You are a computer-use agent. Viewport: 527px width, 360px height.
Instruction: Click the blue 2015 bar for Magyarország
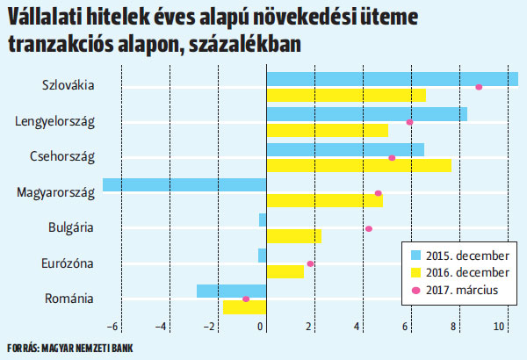(184, 184)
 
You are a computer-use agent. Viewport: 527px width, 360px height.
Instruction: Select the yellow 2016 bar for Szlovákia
(346, 95)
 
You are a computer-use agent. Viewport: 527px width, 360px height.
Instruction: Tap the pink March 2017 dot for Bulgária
(369, 228)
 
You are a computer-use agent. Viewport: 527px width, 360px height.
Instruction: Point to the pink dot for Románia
(246, 299)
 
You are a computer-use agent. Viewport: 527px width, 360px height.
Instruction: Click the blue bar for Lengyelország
(366, 114)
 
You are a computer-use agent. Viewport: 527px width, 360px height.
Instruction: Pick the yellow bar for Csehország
(358, 165)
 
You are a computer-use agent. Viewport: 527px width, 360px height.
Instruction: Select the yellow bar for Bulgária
(293, 236)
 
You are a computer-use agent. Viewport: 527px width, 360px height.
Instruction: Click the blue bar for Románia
(231, 291)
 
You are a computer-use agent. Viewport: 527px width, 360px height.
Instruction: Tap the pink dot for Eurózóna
(310, 263)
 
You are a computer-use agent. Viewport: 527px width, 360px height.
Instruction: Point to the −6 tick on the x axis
(114, 327)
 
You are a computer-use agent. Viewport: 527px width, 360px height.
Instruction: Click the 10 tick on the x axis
(499, 327)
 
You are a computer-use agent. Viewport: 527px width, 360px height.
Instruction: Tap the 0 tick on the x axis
(262, 327)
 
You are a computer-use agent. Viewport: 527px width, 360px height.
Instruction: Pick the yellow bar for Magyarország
(324, 200)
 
